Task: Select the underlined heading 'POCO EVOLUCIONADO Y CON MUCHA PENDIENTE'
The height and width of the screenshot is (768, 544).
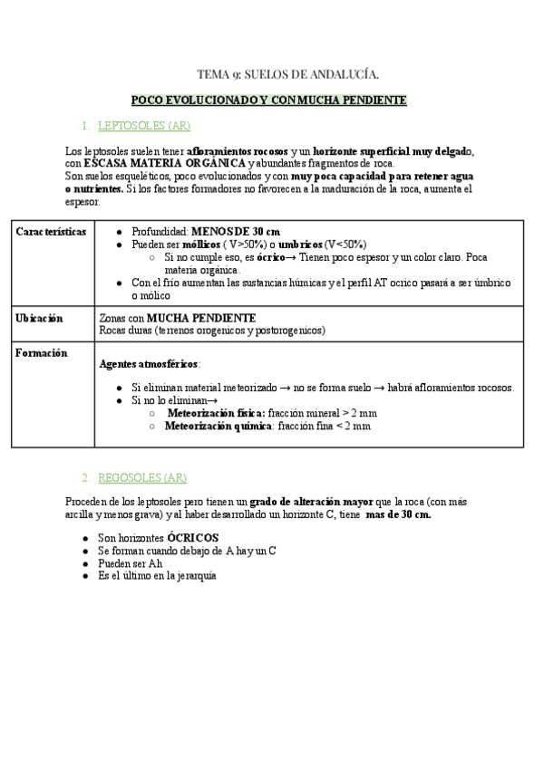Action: [268, 100]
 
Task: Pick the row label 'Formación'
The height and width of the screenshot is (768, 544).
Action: [42, 354]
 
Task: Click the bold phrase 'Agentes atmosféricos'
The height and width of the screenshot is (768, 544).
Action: [148, 364]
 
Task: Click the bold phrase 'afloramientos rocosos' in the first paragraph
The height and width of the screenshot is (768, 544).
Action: [238, 150]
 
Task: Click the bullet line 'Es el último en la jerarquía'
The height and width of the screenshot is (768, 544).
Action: [157, 575]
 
